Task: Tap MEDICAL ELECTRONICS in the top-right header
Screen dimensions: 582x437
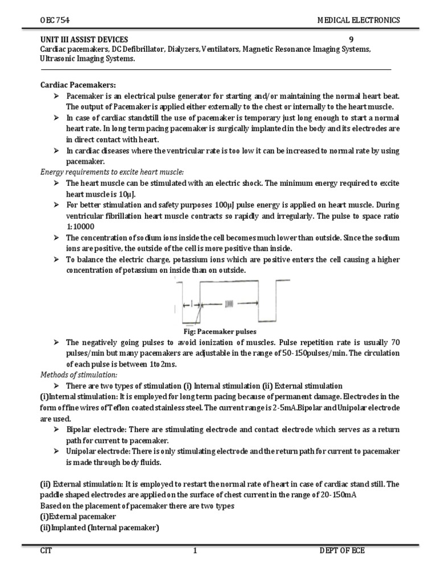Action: point(358,20)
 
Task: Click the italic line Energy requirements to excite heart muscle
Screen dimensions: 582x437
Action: point(112,172)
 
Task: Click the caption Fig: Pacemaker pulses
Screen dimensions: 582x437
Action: point(218,331)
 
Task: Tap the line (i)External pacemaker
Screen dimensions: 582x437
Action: point(78,516)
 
